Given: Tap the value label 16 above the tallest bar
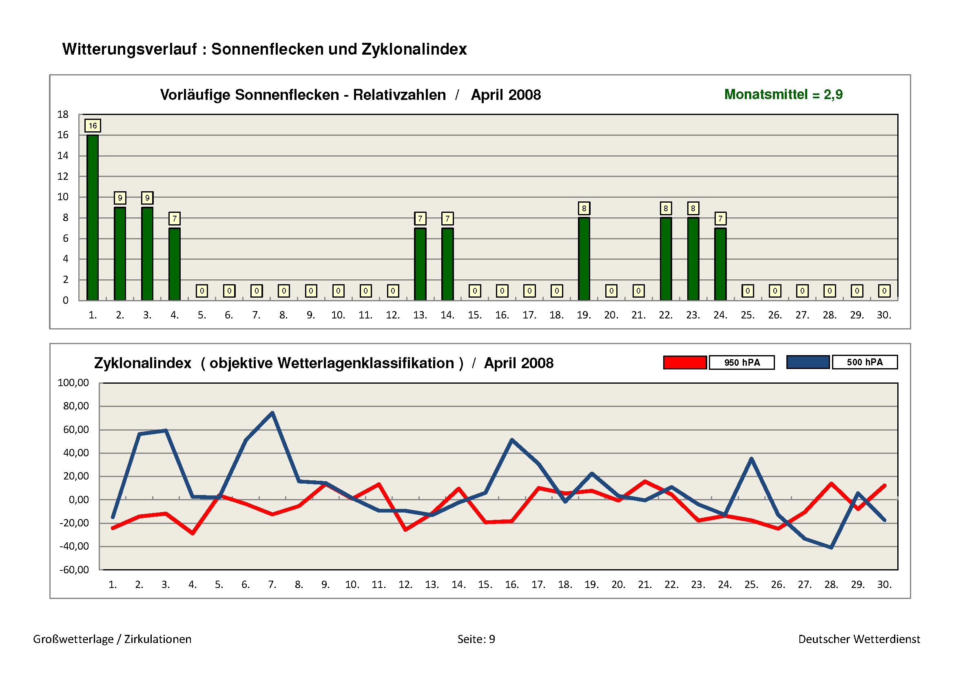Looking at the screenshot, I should pos(93,126).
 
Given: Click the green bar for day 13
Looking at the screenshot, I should pos(420,264).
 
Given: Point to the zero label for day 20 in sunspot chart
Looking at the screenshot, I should pos(611,291).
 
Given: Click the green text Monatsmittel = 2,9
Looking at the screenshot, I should pos(783,95).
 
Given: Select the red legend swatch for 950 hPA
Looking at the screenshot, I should pos(685,362).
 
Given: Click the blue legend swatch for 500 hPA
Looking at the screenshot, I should pos(808,362).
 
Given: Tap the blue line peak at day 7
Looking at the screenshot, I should pos(272,413).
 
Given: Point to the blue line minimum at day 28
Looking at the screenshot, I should pos(831,548).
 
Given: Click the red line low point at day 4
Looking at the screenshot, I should pos(193,533).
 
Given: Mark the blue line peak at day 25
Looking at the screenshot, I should pos(752,459).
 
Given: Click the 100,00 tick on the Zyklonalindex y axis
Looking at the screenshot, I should pos(73,382).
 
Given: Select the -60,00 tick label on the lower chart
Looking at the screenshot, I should pos(74,570).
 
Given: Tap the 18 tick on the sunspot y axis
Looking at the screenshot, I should pos(63,115).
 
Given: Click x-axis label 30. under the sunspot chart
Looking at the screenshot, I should pos(884,315).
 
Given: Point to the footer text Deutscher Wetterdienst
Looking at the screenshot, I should pos(859,639).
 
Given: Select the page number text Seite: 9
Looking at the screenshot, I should pos(476,639).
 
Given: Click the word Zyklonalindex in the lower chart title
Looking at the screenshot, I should pos(142,363).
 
